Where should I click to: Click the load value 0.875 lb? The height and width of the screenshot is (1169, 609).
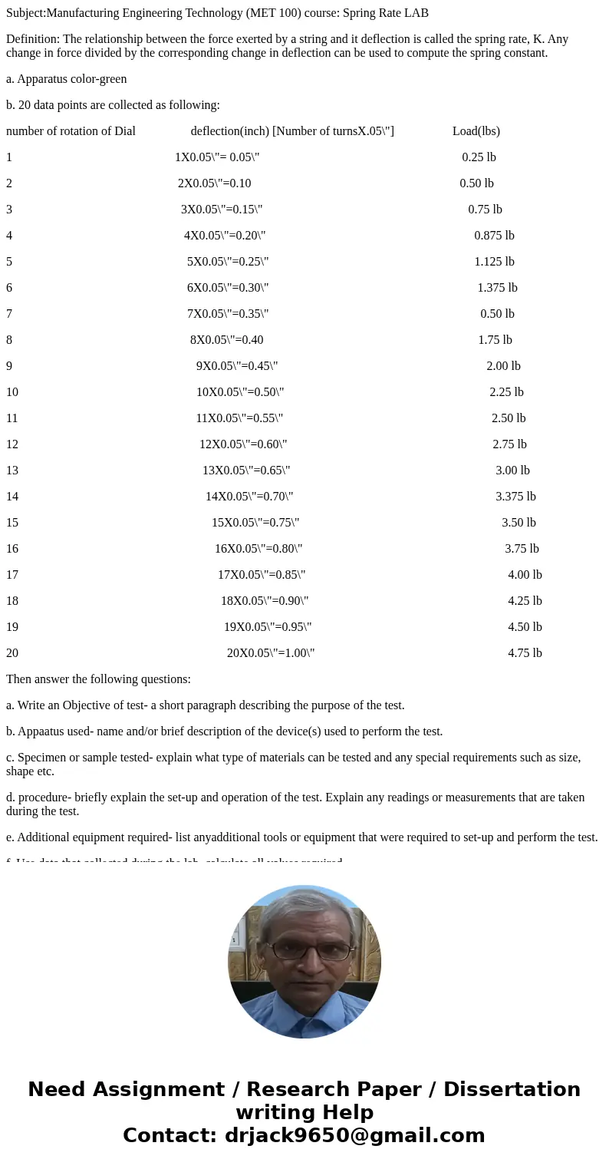pyautogui.click(x=494, y=236)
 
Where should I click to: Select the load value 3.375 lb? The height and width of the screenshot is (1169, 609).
pyautogui.click(x=515, y=497)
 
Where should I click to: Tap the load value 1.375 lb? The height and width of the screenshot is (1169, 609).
pyautogui.click(x=497, y=288)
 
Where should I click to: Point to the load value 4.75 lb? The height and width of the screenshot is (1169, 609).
pyautogui.click(x=525, y=653)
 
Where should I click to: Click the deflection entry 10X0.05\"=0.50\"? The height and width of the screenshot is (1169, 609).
pyautogui.click(x=240, y=392)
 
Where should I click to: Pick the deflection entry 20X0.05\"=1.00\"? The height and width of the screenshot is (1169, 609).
pyautogui.click(x=271, y=653)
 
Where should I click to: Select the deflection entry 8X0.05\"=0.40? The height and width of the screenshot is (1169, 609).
pyautogui.click(x=226, y=340)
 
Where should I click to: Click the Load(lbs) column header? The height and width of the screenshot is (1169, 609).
pyautogui.click(x=476, y=131)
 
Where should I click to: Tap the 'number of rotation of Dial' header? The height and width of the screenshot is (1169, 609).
pyautogui.click(x=71, y=131)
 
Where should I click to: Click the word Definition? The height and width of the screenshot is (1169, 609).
pyautogui.click(x=31, y=39)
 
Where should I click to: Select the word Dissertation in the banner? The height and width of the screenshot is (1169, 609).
pyautogui.click(x=512, y=1089)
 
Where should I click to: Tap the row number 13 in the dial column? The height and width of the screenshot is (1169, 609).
pyautogui.click(x=12, y=471)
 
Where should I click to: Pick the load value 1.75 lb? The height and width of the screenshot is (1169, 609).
pyautogui.click(x=495, y=340)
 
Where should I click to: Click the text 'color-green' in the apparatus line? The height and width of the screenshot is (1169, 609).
pyautogui.click(x=97, y=79)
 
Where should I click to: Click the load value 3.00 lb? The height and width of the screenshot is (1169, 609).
pyautogui.click(x=512, y=471)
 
